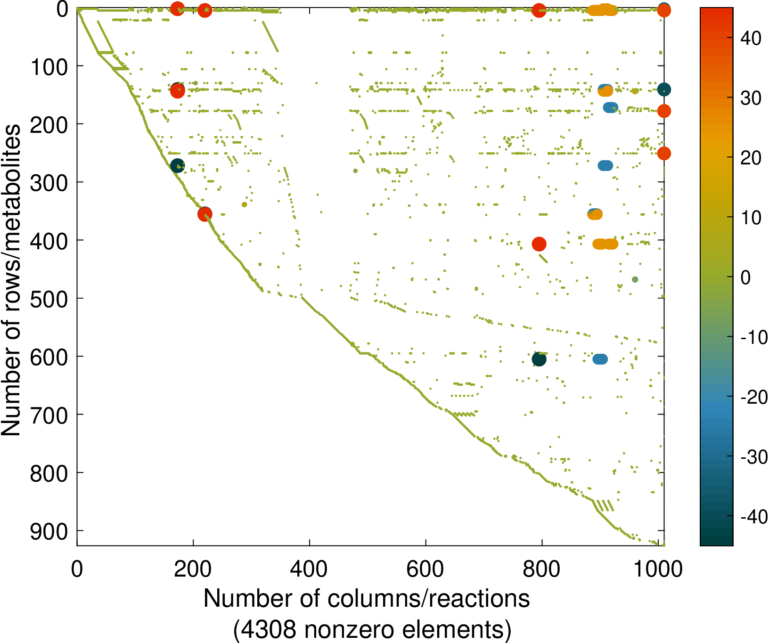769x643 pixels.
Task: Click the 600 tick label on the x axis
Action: click(425, 570)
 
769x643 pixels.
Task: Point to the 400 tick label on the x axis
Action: click(309, 570)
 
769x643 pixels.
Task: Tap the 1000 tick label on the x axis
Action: click(658, 570)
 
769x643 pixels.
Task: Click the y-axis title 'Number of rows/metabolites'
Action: click(11, 280)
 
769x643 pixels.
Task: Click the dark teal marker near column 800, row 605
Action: click(539, 359)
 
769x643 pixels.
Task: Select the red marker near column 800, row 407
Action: click(539, 244)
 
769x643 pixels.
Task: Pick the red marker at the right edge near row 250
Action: click(664, 154)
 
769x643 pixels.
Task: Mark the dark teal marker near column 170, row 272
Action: click(177, 165)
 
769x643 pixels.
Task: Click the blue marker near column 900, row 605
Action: click(600, 359)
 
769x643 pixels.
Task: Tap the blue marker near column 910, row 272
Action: click(605, 166)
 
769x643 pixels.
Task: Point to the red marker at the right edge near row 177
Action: click(664, 111)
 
